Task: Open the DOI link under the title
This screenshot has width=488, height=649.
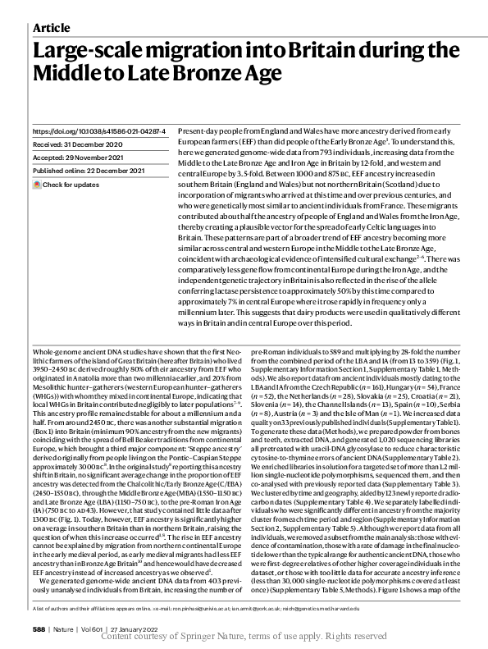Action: click(98, 131)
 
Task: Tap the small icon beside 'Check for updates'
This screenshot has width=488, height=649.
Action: click(37, 185)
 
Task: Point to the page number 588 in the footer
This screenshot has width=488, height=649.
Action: click(39, 627)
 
